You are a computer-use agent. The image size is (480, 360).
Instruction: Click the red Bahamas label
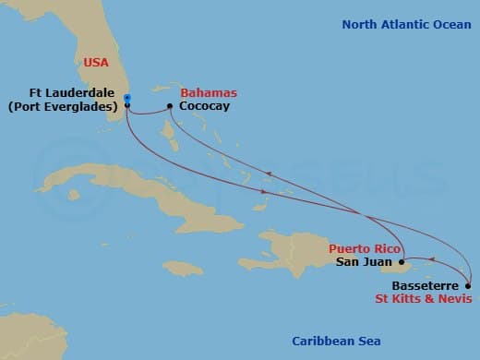(x=209, y=93)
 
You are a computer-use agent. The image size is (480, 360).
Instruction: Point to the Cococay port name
(x=205, y=106)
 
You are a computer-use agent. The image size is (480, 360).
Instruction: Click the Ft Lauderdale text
(x=66, y=93)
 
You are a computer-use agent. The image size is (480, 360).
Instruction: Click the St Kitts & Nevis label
(x=424, y=298)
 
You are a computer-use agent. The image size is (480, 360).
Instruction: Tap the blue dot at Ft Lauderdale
(x=126, y=98)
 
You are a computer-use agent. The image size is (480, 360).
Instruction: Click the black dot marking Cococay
(x=171, y=106)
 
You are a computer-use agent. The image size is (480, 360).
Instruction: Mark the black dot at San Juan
(x=401, y=262)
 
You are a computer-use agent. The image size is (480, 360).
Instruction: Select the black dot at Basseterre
(x=468, y=285)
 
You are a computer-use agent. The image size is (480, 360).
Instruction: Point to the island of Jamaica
(x=183, y=268)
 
